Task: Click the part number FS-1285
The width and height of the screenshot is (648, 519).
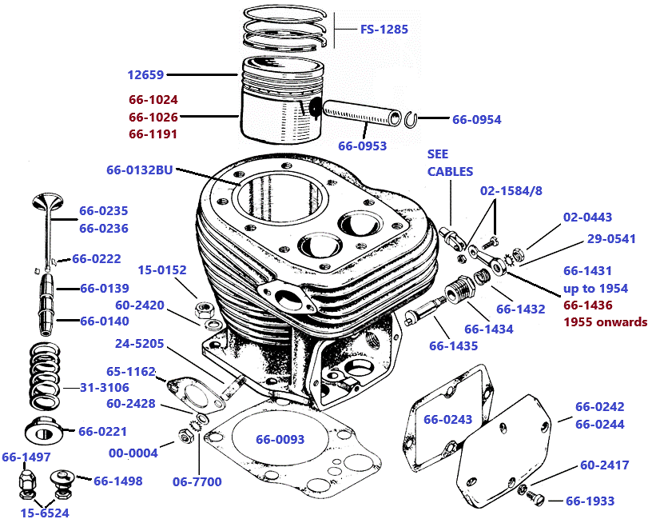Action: coord(384,30)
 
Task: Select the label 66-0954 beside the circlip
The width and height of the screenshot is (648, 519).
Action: coord(476,120)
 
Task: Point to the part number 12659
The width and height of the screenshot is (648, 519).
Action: coord(145,75)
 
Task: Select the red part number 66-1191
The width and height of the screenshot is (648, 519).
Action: coord(153,134)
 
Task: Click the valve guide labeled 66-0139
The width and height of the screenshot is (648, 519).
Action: coord(45,289)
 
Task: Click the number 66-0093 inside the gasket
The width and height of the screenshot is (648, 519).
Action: coord(280,439)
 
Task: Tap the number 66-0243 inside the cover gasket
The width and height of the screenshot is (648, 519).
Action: coord(447,420)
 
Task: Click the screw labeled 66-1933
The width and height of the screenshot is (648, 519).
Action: coord(536,499)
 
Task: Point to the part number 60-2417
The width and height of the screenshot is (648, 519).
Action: coord(604,465)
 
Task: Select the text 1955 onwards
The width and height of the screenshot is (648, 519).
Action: coord(606,322)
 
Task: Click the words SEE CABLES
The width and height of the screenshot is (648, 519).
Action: coord(450,162)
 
